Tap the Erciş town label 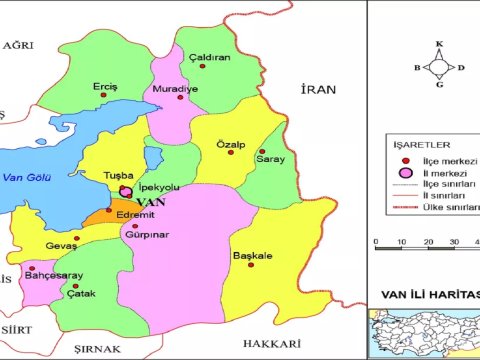coord(105,86)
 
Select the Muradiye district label coord(171,89)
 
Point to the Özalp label coord(231,145)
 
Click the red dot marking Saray coord(262,151)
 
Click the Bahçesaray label coord(52,275)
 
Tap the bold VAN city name coord(149,201)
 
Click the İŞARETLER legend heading coord(412,142)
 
